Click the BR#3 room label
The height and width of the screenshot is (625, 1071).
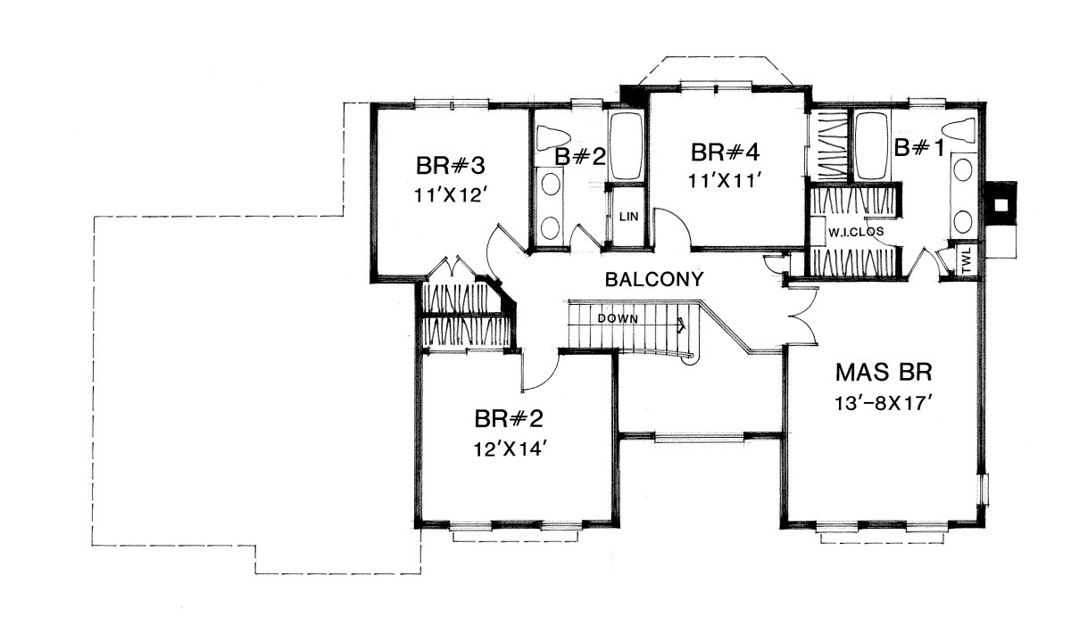click(451, 166)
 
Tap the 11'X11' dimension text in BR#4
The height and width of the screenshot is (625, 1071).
click(724, 180)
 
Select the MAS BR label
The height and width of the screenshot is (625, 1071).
click(884, 373)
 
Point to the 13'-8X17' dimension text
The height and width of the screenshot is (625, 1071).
click(884, 404)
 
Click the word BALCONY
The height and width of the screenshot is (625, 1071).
click(654, 279)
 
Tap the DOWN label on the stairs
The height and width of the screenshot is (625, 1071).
click(618, 318)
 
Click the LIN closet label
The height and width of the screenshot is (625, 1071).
click(628, 217)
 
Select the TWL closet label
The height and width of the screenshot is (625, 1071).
click(967, 260)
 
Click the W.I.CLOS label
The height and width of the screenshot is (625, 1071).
click(856, 232)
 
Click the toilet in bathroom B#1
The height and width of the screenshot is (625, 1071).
click(958, 130)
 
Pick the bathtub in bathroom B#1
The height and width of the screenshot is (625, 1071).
click(872, 146)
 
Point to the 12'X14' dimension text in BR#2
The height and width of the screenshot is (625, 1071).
click(510, 448)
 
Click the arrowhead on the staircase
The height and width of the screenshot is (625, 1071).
click(681, 325)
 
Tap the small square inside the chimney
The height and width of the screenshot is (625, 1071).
click(1001, 205)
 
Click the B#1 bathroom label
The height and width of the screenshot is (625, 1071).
click(919, 148)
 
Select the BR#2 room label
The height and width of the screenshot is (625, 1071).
click(510, 419)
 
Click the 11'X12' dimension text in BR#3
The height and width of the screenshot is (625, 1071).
click(450, 195)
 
